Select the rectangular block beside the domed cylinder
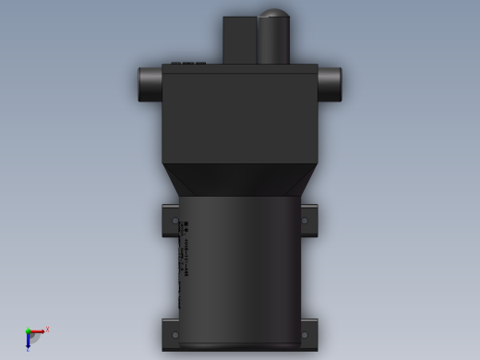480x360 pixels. pos(238,40)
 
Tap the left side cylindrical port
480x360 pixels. pos(150,84)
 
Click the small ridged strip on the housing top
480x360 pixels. pos(188,64)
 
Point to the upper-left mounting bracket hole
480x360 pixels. pos(175,221)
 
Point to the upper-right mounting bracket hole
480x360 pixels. pos(305,221)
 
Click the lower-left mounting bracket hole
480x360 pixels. pos(175,335)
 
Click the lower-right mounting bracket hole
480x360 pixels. pos(305,335)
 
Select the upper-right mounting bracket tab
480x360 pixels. pos(308,221)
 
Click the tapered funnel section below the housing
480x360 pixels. pos(240,180)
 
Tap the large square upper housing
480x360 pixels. pos(240,115)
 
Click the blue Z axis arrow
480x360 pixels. pos(28,342)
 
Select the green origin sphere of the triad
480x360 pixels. pos(28,330)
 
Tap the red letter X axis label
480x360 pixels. pos(47,329)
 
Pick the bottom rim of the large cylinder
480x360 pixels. pos(240,346)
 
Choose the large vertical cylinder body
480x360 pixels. pos(240,268)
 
